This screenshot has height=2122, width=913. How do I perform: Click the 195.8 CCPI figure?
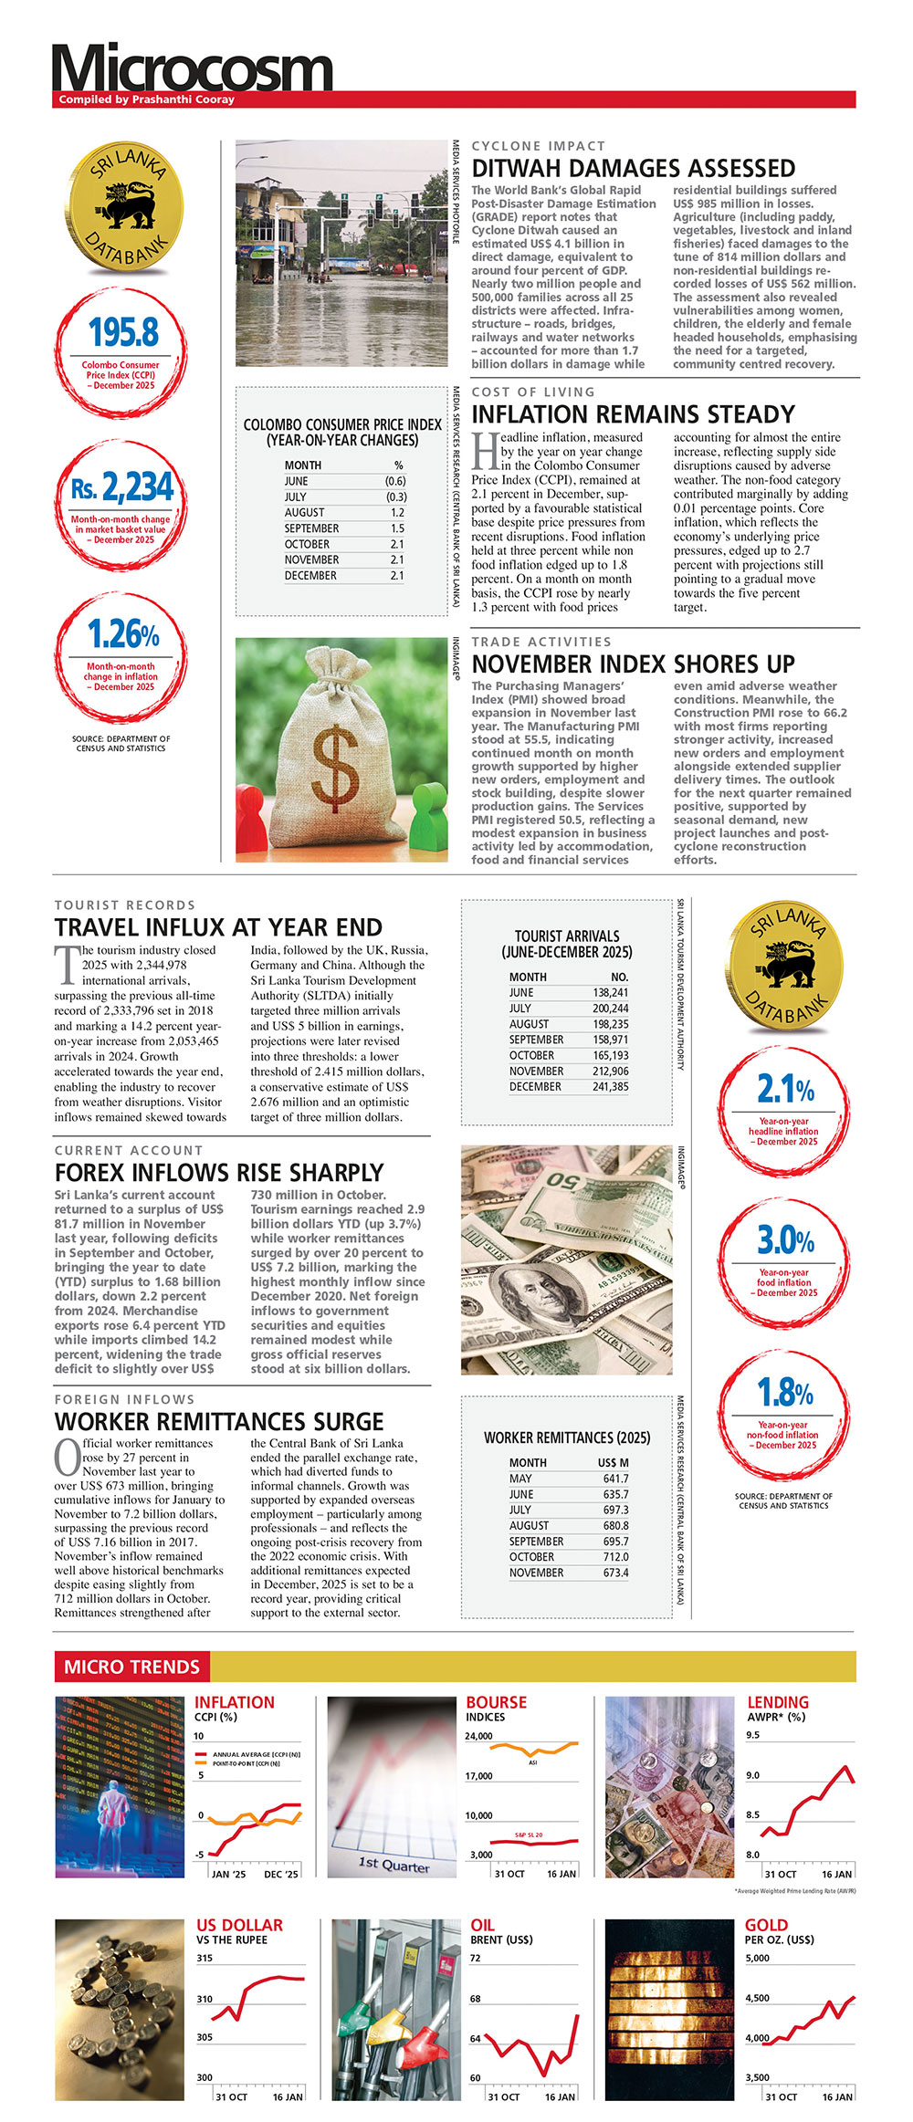coord(123,333)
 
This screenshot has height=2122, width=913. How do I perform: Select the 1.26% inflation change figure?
coord(123,634)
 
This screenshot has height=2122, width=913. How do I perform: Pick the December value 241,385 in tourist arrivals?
coord(610,1087)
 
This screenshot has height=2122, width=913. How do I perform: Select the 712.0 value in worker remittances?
coord(615,1557)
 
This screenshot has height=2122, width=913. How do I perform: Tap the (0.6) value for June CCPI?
coord(394,481)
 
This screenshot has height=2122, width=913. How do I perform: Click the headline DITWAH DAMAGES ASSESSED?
coord(633,169)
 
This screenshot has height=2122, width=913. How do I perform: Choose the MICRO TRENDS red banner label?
coord(131,1667)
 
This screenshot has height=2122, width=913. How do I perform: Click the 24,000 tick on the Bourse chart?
coord(478,1736)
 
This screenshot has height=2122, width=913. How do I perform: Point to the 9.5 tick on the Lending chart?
coord(752,1735)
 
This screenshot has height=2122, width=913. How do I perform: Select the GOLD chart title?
coord(766,1926)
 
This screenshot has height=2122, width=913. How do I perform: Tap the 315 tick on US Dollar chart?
coord(205,1958)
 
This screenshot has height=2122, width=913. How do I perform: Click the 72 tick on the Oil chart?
coord(475,1958)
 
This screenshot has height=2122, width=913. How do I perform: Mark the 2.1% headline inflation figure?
coord(785,1090)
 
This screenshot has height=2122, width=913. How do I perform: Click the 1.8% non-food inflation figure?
coord(785,1394)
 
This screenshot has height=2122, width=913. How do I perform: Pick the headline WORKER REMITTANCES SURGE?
coord(219,1422)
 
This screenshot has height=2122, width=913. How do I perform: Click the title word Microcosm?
coord(192,68)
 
